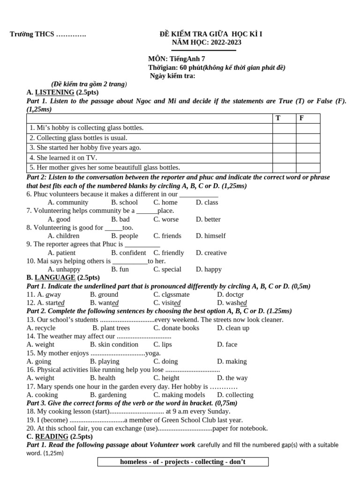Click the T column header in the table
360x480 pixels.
(x=278, y=118)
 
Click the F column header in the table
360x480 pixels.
(x=302, y=118)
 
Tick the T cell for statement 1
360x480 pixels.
(x=284, y=128)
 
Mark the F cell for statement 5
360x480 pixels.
(x=308, y=168)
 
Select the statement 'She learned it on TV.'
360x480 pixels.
(x=63, y=158)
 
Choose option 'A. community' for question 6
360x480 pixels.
(x=68, y=202)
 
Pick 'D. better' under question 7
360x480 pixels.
(x=208, y=219)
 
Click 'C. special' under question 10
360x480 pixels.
(x=167, y=270)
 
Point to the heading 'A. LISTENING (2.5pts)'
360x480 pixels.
(x=62, y=92)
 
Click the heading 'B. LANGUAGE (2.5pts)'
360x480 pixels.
(x=63, y=277)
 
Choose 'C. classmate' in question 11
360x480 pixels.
(x=172, y=294)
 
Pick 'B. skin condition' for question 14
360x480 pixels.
(x=114, y=345)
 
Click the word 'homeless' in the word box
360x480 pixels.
(x=134, y=462)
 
